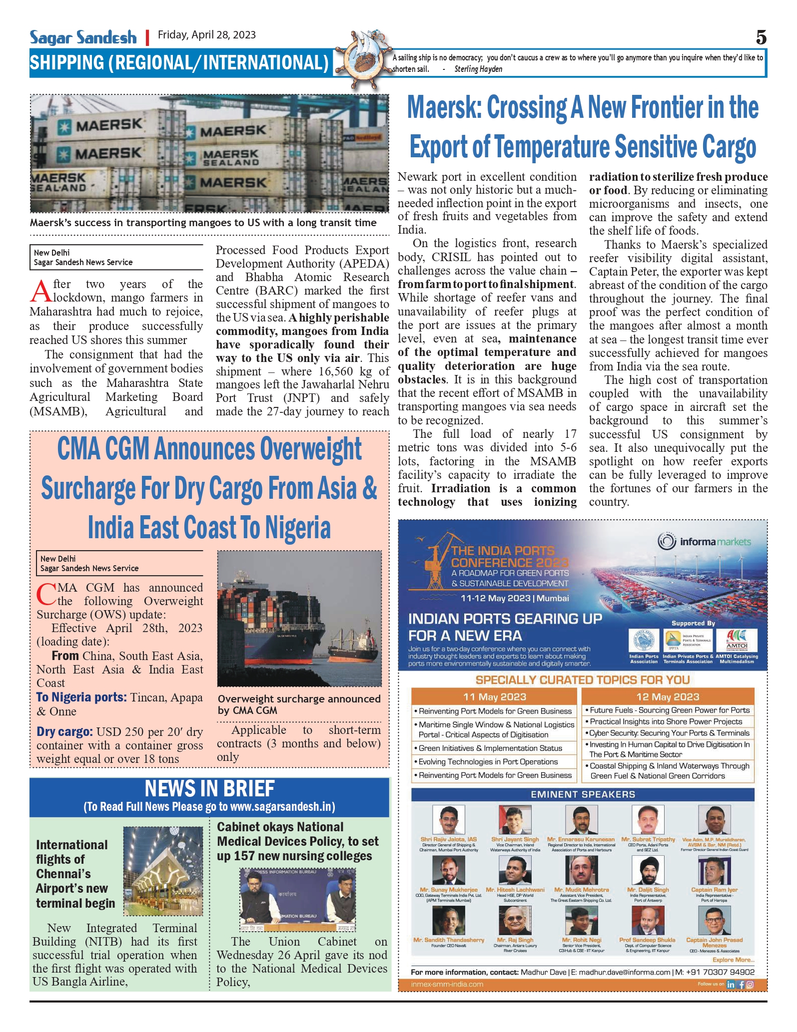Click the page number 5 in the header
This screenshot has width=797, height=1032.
[x=761, y=37]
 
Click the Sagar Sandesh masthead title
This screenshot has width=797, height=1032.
[x=83, y=37]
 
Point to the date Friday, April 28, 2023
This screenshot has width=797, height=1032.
[x=207, y=35]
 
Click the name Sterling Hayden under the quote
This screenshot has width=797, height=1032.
[x=478, y=69]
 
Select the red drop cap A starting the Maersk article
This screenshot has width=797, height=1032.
[x=40, y=291]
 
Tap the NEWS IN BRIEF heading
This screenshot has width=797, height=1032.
[x=209, y=789]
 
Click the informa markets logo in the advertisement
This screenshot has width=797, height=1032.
[x=705, y=542]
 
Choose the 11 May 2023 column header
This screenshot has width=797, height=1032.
[x=494, y=696]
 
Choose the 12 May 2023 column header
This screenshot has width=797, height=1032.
[x=668, y=696]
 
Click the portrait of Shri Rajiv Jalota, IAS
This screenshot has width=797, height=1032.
[x=449, y=820]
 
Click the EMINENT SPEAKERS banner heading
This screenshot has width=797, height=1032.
[x=583, y=794]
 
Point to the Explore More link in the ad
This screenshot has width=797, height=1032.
[x=733, y=960]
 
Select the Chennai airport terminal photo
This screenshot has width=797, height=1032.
[x=163, y=871]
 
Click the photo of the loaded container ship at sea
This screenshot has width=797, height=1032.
[x=299, y=618]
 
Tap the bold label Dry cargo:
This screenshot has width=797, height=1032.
[x=64, y=732]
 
